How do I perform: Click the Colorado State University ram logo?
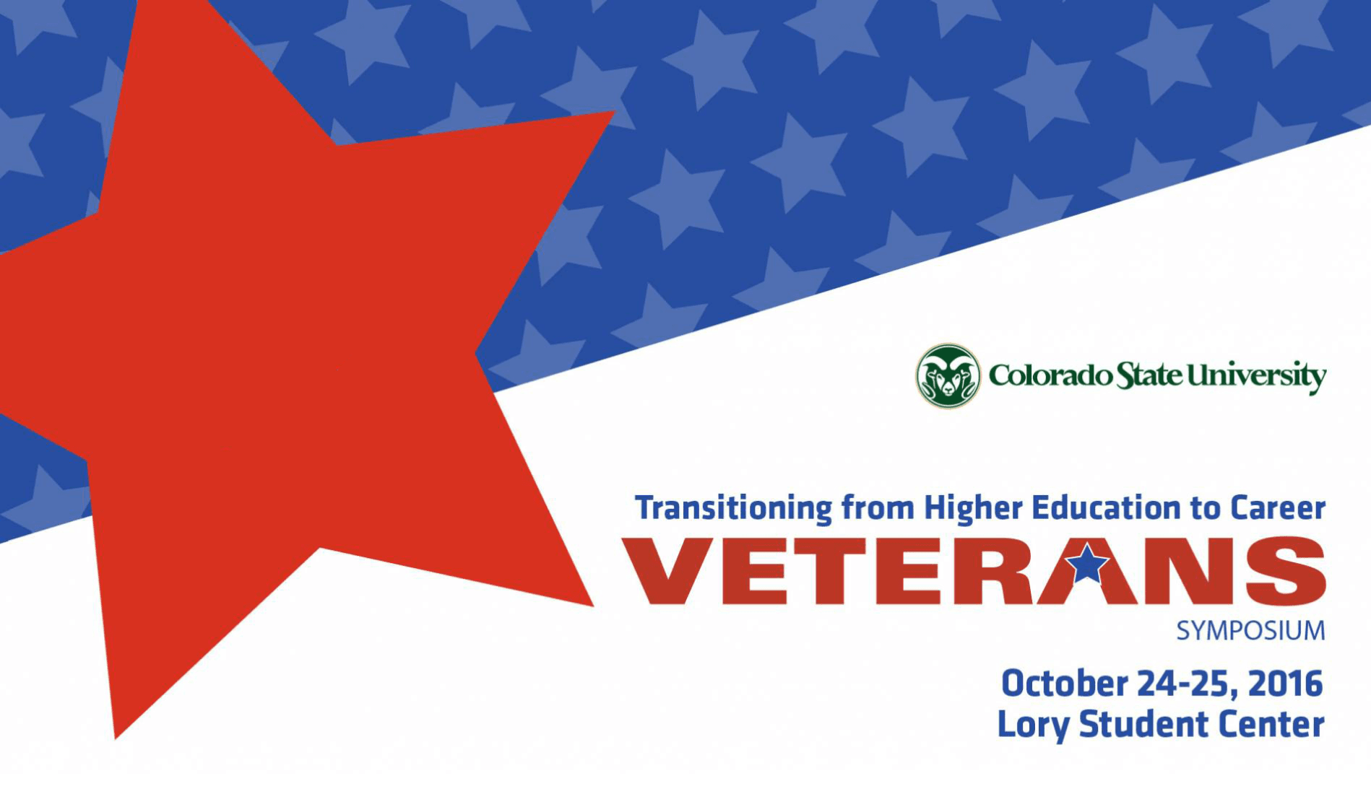point(948,376)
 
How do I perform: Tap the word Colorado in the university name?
point(1050,376)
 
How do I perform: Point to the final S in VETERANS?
point(1286,571)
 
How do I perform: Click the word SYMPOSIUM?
point(1251,631)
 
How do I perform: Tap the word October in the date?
point(1065,684)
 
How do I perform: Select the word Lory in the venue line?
point(1034,725)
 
